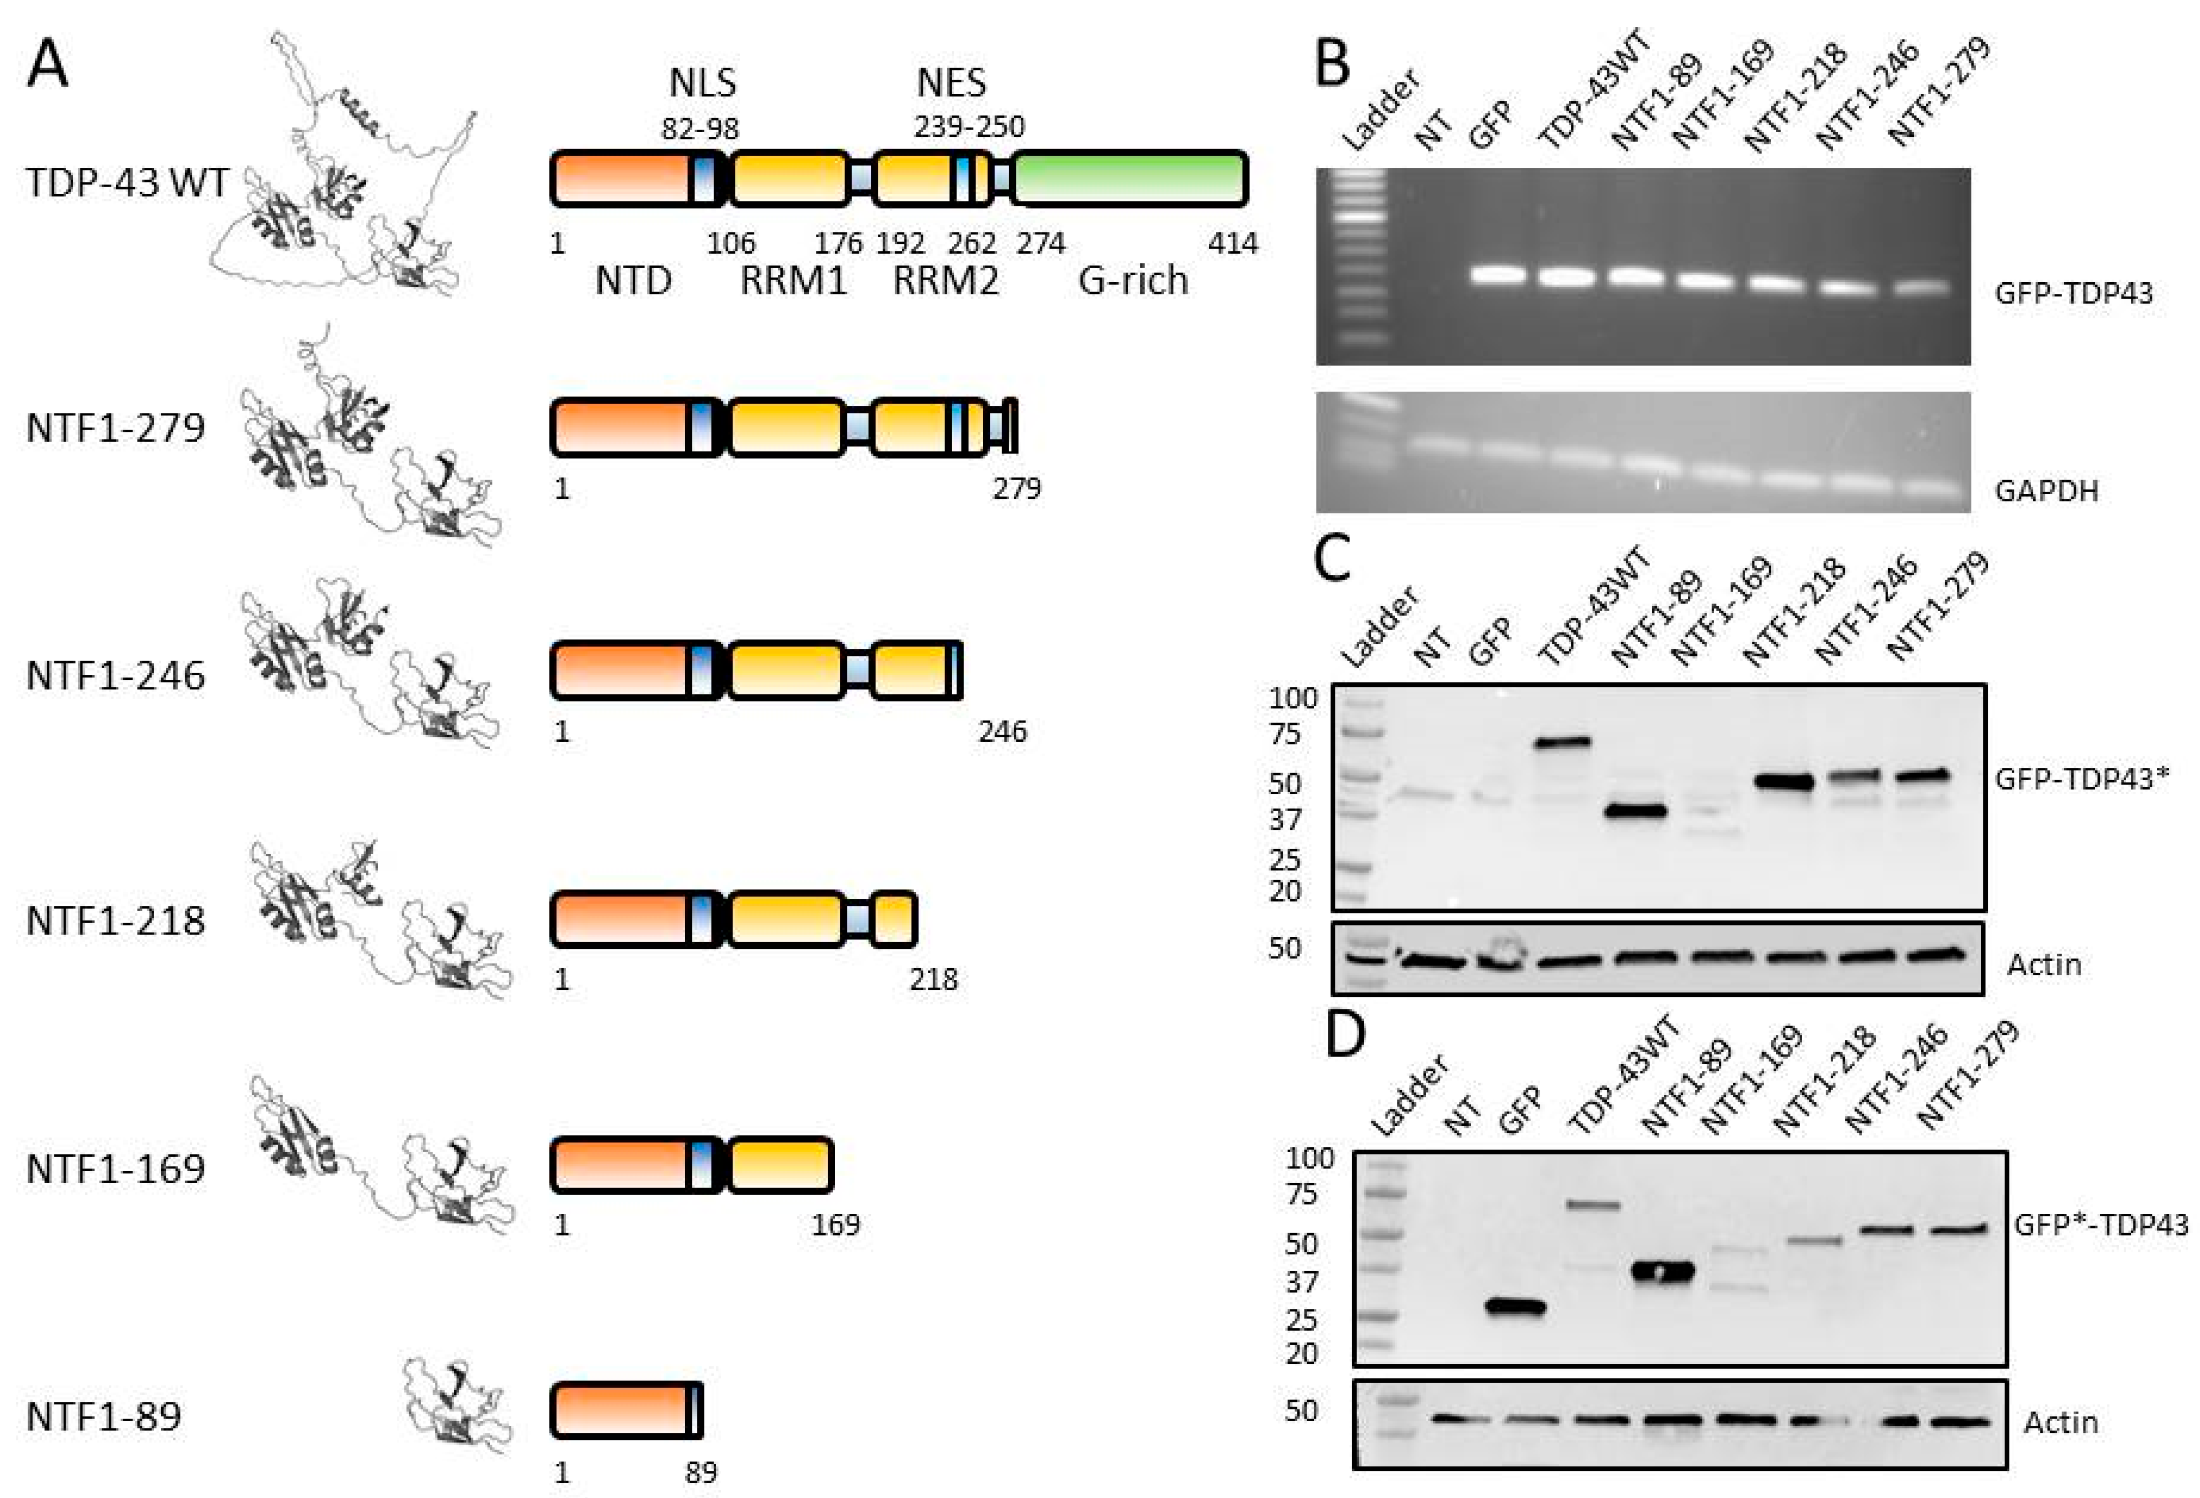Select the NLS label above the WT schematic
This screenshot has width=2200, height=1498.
point(702,83)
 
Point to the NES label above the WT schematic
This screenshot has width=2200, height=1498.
point(951,83)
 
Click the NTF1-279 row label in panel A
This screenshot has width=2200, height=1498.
point(115,428)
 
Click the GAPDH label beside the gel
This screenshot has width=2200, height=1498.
point(2047,491)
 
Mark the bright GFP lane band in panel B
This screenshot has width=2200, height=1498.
point(1498,276)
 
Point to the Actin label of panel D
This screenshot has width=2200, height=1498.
point(2061,1422)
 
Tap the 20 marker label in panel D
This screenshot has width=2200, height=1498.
point(1303,1354)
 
